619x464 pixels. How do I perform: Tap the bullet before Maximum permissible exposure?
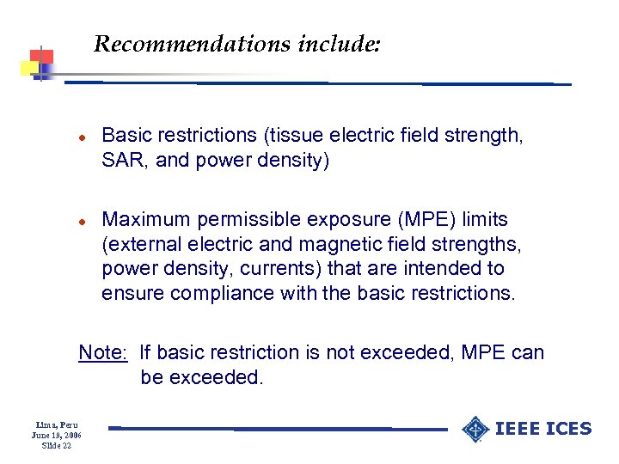click(x=81, y=222)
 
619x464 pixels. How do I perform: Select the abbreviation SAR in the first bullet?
click(x=123, y=161)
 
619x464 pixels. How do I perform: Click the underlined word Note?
click(x=103, y=352)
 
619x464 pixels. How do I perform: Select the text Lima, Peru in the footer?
click(x=57, y=425)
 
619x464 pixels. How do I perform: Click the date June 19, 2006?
click(x=57, y=436)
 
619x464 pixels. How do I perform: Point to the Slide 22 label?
click(x=57, y=446)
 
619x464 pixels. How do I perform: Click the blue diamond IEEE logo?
click(x=475, y=429)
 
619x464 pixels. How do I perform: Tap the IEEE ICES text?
click(x=544, y=429)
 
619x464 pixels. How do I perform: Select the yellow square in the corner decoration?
click(x=28, y=68)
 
